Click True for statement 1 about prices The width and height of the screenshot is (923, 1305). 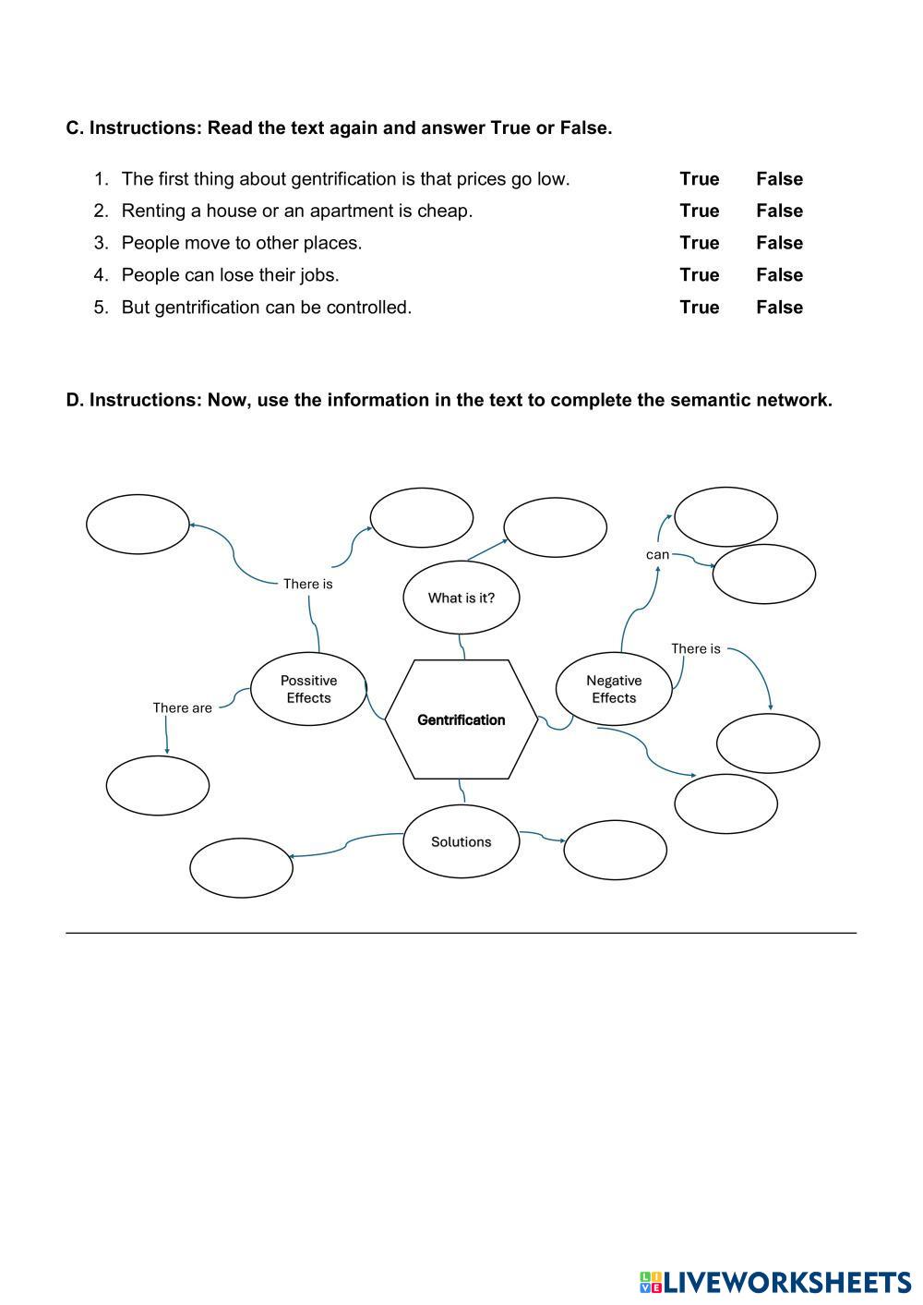point(699,179)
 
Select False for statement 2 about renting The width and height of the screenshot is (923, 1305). point(779,211)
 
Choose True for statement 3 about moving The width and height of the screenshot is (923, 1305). point(699,243)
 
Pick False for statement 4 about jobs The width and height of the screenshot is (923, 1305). point(779,275)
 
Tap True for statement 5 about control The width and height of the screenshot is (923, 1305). point(699,308)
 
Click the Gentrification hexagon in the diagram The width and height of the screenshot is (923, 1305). point(461,719)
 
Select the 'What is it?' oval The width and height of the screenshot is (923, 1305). point(461,598)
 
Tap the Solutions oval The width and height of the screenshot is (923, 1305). point(461,841)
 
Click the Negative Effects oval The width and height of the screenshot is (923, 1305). point(614,689)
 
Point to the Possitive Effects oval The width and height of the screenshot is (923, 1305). point(308,689)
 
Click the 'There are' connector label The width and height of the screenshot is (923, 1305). point(182,708)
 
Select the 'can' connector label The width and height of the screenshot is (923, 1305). point(657,555)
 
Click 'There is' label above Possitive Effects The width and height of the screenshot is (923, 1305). point(307,584)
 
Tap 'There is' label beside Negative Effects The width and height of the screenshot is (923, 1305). point(695,649)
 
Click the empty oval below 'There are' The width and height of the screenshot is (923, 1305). point(158,786)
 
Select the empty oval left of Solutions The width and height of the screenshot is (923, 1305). point(241,867)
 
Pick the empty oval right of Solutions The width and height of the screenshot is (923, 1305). point(615,851)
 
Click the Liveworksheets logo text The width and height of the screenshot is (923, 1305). point(785,1282)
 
